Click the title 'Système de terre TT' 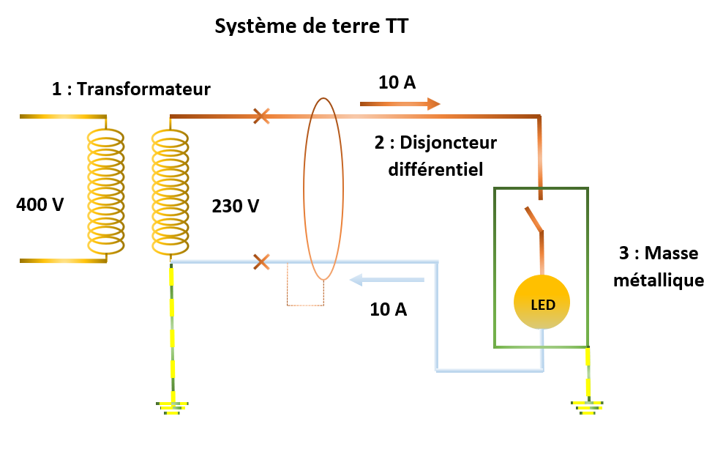pos(311,27)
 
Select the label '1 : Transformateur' pos(131,89)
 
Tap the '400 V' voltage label pos(40,204)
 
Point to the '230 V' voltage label pos(235,206)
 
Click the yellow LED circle pos(541,303)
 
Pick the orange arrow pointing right pos(400,105)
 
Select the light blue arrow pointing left pos(388,280)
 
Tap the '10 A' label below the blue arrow pos(389,309)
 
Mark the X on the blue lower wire pos(261,261)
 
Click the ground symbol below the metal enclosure pos(587,406)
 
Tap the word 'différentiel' pos(435,169)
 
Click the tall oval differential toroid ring pos(323,188)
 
